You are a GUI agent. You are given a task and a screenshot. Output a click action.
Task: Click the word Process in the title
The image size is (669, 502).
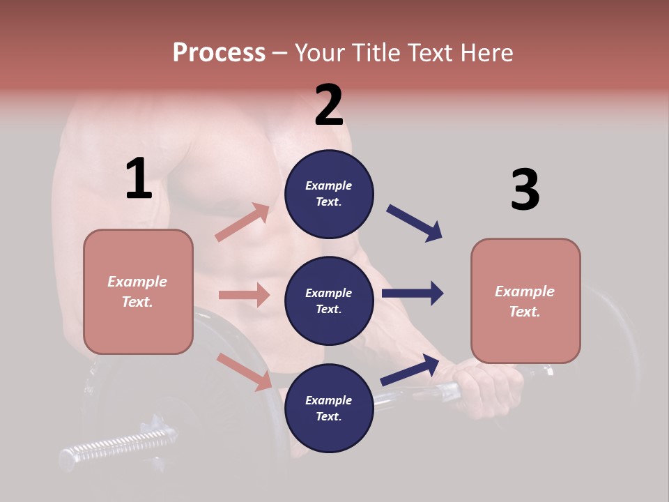[219, 52]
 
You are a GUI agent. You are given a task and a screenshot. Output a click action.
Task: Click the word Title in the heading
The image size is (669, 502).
[376, 52]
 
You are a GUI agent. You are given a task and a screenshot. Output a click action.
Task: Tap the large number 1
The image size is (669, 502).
[139, 179]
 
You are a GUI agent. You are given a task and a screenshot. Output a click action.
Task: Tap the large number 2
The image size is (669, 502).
[329, 105]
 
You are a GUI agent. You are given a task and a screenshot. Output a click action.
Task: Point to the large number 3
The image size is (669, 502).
[525, 190]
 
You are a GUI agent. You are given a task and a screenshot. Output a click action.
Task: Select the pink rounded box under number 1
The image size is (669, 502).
[138, 291]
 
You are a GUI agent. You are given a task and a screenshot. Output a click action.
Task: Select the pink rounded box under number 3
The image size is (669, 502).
[525, 301]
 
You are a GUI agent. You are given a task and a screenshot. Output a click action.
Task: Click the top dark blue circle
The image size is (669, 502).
[329, 194]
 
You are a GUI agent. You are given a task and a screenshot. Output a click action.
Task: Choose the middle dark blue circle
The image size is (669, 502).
[329, 301]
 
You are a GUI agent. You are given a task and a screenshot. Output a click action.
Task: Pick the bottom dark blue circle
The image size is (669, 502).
[329, 408]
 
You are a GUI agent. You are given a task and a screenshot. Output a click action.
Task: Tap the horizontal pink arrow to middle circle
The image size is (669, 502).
[245, 295]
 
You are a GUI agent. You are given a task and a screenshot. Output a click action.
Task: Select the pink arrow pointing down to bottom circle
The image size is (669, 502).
[245, 371]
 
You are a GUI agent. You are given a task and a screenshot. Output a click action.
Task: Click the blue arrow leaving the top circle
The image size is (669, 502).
[415, 223]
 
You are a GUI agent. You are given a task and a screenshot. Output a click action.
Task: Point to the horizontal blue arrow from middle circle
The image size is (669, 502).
[413, 294]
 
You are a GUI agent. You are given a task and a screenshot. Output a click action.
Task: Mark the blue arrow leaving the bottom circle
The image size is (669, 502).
[410, 370]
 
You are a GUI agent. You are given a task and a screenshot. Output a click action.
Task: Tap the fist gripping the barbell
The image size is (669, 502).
[491, 390]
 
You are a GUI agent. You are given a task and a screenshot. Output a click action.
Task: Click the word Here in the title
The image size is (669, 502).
[487, 52]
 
